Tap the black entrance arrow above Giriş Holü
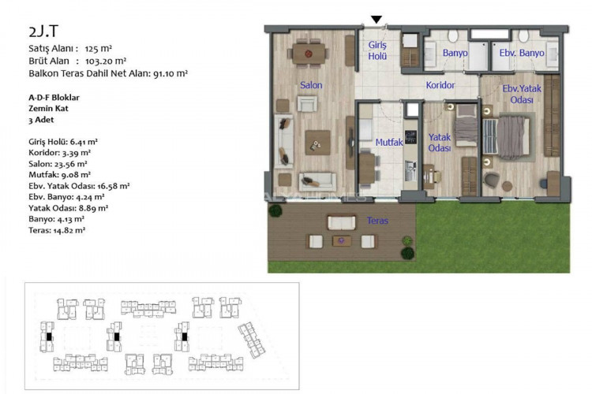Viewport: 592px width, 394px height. pyautogui.click(x=377, y=20)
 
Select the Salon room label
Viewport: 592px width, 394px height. pyautogui.click(x=310, y=85)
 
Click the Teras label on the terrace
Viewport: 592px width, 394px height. pyautogui.click(x=377, y=221)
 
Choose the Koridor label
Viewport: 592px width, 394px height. pyautogui.click(x=440, y=84)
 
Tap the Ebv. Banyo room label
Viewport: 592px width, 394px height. pyautogui.click(x=522, y=53)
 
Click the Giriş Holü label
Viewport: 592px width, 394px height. pyautogui.click(x=377, y=50)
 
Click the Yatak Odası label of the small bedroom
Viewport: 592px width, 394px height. pyautogui.click(x=439, y=143)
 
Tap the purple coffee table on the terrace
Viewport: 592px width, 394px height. pyautogui.click(x=343, y=240)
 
